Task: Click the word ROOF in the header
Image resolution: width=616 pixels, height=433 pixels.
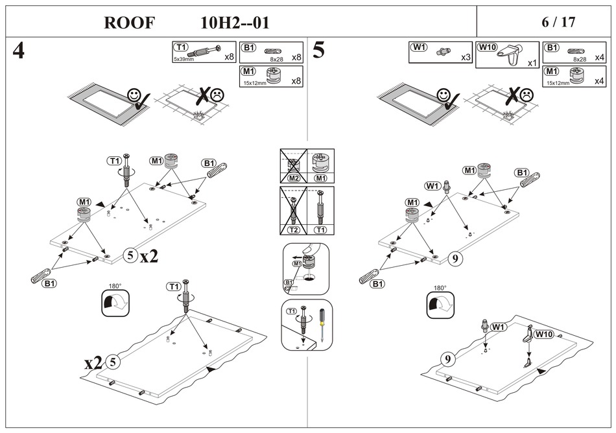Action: (130, 23)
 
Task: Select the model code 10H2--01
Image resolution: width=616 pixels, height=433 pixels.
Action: (235, 23)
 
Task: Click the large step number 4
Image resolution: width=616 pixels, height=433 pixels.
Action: (19, 51)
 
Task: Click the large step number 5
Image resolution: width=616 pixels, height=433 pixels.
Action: (318, 51)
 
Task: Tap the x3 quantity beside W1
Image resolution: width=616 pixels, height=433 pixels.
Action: (465, 58)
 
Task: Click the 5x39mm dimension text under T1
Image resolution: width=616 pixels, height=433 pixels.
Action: (184, 59)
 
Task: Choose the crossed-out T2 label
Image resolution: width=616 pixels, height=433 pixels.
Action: (293, 230)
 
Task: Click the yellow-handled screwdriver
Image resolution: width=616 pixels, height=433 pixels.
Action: (320, 324)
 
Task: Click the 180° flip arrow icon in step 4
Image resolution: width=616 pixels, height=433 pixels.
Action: (115, 303)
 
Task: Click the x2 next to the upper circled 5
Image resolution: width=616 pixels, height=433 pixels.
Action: (149, 256)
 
